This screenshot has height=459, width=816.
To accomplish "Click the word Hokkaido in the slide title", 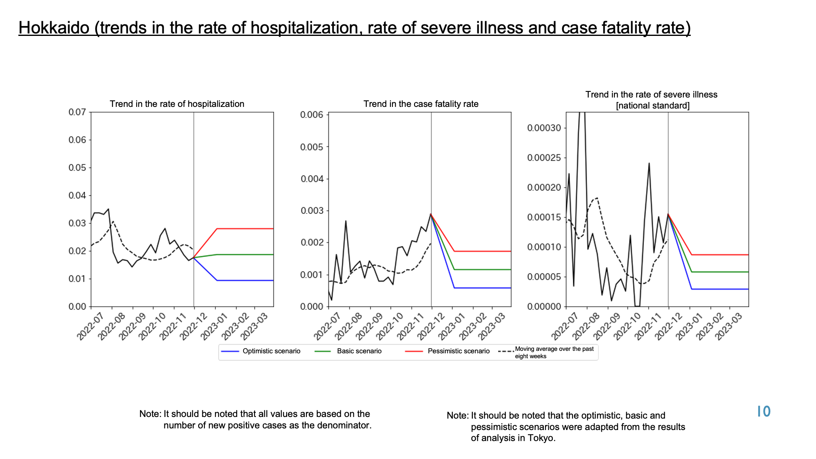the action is pyautogui.click(x=54, y=28).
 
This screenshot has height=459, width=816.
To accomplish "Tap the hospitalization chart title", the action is pyautogui.click(x=177, y=104).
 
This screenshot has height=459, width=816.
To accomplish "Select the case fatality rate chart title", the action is pyautogui.click(x=421, y=104).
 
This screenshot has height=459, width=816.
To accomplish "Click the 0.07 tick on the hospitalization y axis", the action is pyautogui.click(x=77, y=112).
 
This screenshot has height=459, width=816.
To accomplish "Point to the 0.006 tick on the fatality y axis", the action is pyautogui.click(x=311, y=115).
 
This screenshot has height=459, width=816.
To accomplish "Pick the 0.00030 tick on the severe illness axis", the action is pyautogui.click(x=544, y=128).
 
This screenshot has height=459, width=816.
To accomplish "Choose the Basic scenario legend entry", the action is pyautogui.click(x=348, y=351).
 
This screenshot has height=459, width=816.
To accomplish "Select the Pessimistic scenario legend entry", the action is pyautogui.click(x=447, y=351).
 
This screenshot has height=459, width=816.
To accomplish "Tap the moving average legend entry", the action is pyautogui.click(x=547, y=353).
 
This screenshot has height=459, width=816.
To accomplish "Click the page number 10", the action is pyautogui.click(x=764, y=412).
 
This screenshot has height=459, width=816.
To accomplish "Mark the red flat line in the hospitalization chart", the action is pyautogui.click(x=245, y=229).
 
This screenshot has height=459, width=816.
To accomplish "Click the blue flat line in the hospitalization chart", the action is pyautogui.click(x=245, y=280).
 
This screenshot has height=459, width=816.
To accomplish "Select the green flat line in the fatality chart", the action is pyautogui.click(x=483, y=270).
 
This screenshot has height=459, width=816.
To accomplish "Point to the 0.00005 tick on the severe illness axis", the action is pyautogui.click(x=544, y=277).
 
